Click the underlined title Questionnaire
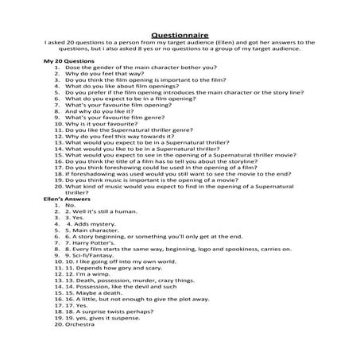tap(179, 24)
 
